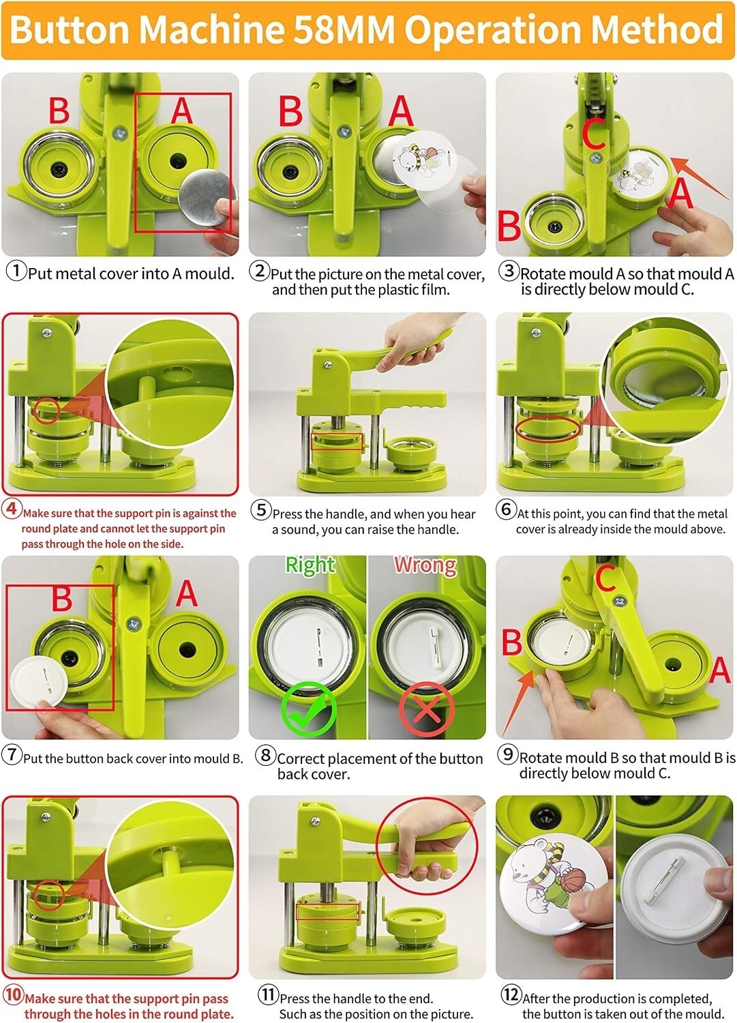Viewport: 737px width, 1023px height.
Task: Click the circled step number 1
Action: pos(16,271)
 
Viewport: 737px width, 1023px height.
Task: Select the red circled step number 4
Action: pos(12,509)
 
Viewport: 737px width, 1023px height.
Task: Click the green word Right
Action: pos(310,565)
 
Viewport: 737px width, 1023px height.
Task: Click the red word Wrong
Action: pos(425,565)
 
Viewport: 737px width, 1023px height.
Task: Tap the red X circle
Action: pos(427,709)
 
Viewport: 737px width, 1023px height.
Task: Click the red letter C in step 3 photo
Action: pos(594,133)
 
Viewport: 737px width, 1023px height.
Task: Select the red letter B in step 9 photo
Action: pos(512,642)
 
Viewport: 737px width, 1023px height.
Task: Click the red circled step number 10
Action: pos(13,994)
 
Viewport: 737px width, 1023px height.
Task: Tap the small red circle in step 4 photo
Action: pos(46,411)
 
